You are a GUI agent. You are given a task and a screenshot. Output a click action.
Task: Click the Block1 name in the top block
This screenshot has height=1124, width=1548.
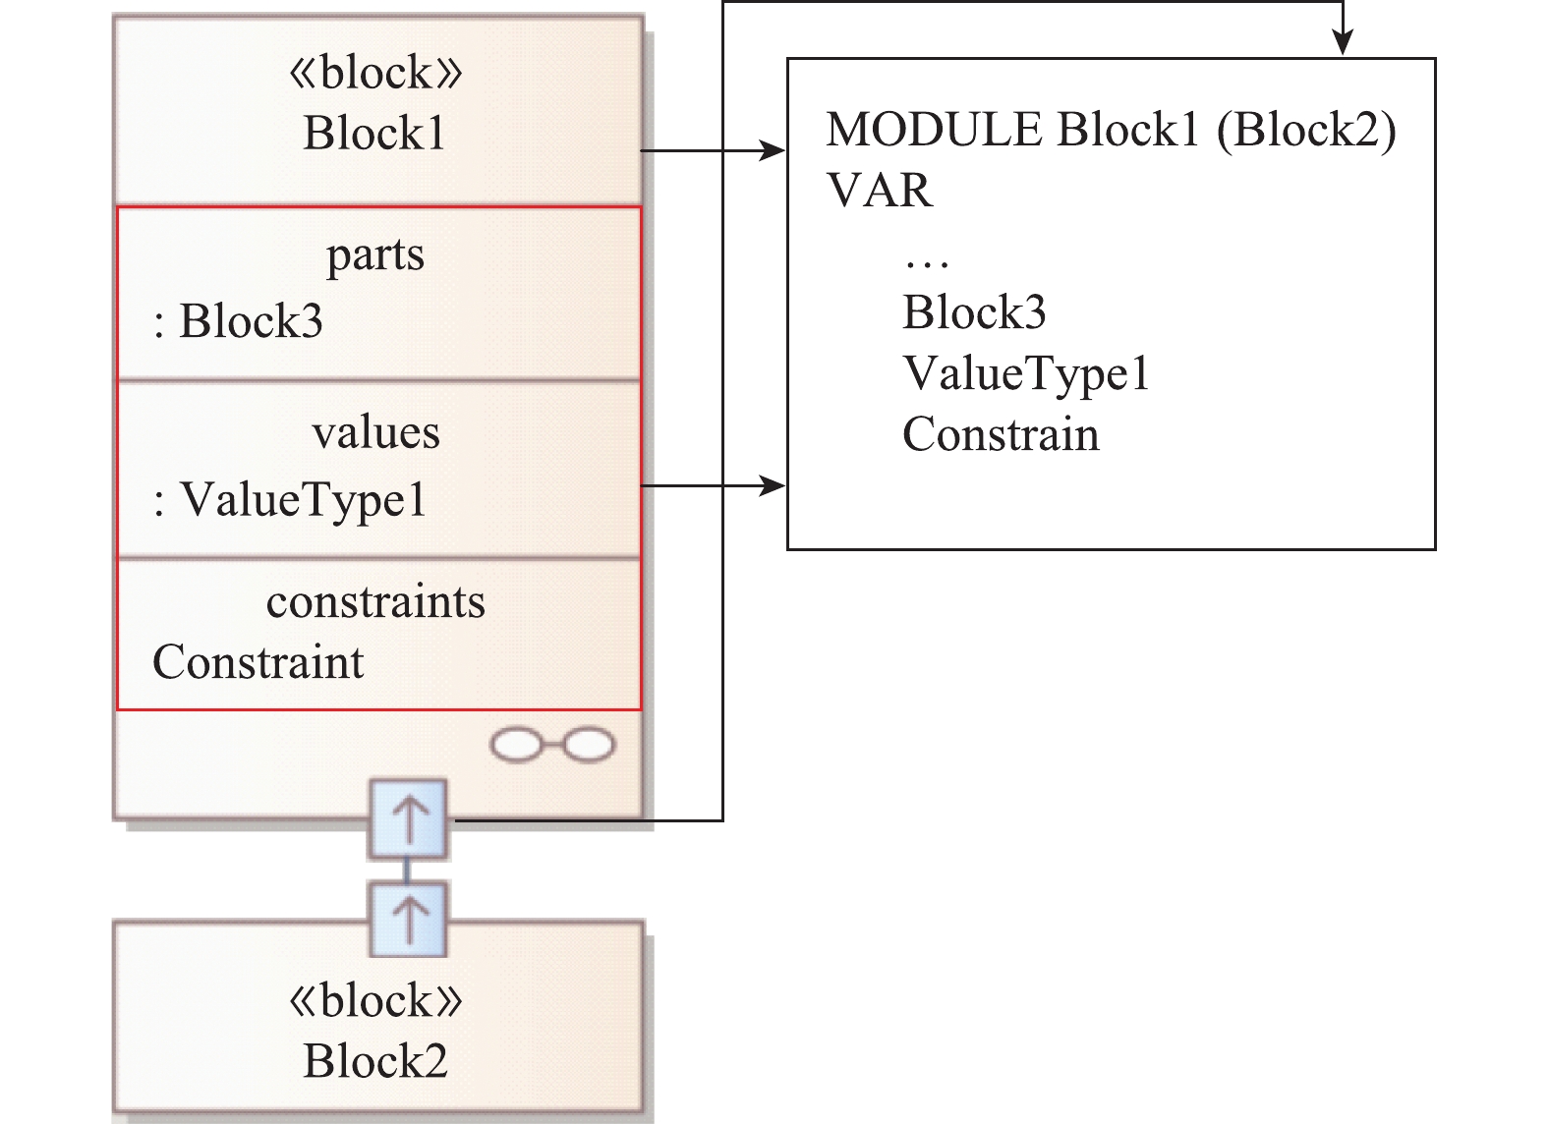tap(374, 134)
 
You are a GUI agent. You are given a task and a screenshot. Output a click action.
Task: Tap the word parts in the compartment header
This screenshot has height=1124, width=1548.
tap(375, 254)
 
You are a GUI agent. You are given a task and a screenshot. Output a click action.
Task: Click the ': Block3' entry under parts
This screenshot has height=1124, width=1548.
tap(239, 321)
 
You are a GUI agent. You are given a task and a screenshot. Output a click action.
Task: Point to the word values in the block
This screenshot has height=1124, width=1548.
tap(375, 432)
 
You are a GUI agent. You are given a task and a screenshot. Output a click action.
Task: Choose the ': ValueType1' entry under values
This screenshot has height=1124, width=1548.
tap(290, 499)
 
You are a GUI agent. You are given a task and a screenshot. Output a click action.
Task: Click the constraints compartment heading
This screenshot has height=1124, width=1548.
tap(375, 602)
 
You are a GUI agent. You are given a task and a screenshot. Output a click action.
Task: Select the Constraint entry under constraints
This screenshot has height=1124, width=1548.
tap(258, 662)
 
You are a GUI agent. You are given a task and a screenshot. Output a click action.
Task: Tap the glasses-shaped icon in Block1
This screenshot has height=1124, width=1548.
tap(552, 746)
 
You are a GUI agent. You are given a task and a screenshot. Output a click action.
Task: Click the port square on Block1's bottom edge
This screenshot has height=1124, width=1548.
tap(408, 818)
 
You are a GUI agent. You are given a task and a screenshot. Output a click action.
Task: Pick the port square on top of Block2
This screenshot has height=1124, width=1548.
tap(408, 919)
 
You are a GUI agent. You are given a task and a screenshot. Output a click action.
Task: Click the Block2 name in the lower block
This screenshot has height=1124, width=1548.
tap(374, 1061)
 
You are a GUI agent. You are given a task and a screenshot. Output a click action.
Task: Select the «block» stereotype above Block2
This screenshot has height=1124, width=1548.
tap(374, 1001)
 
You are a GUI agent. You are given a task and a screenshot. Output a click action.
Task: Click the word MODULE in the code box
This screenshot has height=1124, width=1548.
tap(934, 130)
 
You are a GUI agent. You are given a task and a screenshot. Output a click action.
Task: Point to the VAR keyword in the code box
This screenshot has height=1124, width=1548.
tap(880, 191)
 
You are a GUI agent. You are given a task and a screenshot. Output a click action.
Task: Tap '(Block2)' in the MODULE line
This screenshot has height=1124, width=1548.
tap(1306, 130)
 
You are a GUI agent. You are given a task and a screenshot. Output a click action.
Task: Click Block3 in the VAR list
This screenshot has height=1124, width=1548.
tap(974, 312)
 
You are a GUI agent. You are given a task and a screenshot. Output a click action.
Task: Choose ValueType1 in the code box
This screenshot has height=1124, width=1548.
tap(1026, 374)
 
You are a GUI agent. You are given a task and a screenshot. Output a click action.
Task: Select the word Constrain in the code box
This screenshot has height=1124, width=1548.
tap(1001, 435)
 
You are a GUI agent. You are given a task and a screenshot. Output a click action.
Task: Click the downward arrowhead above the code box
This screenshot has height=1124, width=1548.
tap(1343, 43)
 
